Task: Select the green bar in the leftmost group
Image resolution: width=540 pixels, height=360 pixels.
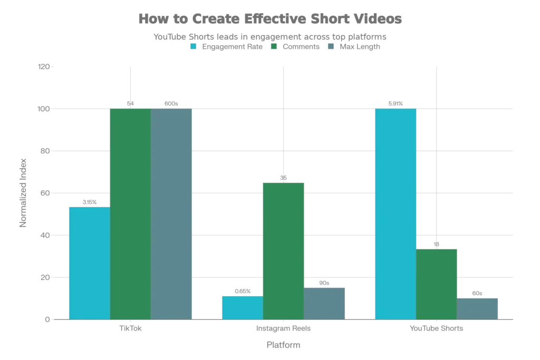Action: click(131, 213)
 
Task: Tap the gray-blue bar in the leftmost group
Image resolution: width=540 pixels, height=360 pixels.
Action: click(172, 213)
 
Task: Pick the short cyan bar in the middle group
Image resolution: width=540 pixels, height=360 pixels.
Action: click(242, 307)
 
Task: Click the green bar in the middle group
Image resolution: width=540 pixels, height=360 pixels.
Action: click(284, 250)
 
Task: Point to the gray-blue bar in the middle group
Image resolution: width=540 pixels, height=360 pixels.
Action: click(325, 303)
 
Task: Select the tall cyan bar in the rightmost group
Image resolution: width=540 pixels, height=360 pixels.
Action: click(395, 213)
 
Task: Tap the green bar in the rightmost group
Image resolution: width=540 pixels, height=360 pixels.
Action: click(437, 283)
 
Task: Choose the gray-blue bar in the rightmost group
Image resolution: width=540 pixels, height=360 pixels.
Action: click(478, 307)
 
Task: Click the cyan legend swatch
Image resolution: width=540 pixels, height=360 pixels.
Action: click(194, 46)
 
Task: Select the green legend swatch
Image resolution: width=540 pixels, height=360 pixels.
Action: click(274, 46)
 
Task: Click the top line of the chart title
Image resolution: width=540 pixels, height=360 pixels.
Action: click(269, 20)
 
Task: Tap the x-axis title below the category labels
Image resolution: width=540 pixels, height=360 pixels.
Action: click(284, 346)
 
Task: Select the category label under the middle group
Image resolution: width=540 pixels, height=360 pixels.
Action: click(283, 328)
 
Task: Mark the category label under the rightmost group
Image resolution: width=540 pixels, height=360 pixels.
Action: click(437, 328)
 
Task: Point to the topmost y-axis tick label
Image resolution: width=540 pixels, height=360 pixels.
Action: click(44, 67)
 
